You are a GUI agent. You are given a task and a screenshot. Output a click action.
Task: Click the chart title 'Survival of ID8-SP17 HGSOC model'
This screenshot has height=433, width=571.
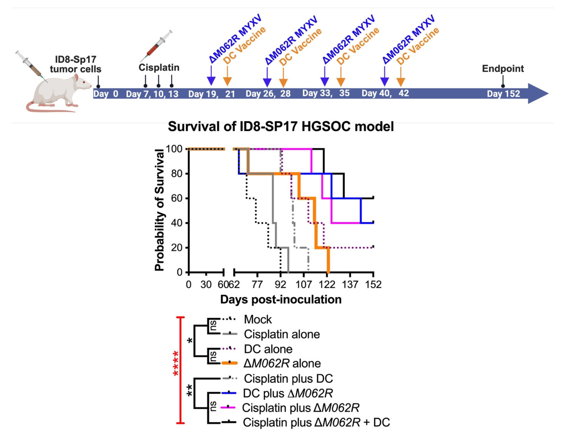click(281, 127)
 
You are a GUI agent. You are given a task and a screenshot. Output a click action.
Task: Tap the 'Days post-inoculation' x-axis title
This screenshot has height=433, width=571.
click(281, 299)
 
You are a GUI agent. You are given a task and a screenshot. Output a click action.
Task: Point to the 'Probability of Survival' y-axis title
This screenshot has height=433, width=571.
click(159, 210)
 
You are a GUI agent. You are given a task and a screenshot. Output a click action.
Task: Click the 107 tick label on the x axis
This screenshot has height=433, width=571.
click(304, 284)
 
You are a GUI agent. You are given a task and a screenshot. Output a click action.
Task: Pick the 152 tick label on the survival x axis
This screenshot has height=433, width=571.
click(373, 284)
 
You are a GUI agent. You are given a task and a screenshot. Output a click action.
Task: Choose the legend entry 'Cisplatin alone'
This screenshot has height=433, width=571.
click(282, 334)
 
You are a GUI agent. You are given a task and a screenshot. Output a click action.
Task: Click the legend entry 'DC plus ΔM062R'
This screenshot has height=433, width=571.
click(288, 393)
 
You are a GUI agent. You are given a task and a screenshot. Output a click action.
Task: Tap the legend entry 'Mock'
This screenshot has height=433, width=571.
click(258, 319)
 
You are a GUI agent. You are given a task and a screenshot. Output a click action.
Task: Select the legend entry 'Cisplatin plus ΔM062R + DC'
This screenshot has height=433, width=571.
click(316, 422)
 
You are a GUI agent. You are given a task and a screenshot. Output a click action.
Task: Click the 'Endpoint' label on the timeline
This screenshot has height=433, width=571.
click(503, 69)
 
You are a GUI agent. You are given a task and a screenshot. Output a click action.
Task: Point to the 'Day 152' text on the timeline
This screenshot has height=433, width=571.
click(503, 94)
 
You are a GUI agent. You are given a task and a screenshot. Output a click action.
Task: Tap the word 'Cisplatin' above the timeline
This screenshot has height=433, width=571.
click(159, 68)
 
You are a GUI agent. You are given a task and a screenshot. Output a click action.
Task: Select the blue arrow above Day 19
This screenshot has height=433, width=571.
click(211, 76)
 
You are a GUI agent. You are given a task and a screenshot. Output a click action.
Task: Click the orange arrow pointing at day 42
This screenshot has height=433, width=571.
click(401, 77)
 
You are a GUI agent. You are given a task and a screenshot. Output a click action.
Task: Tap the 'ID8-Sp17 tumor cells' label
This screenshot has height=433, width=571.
click(75, 64)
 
